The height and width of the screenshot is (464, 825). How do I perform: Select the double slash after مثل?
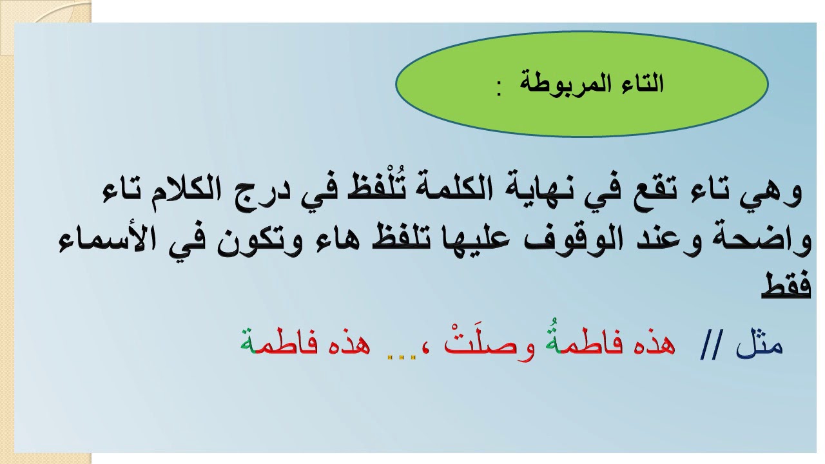(712, 348)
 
